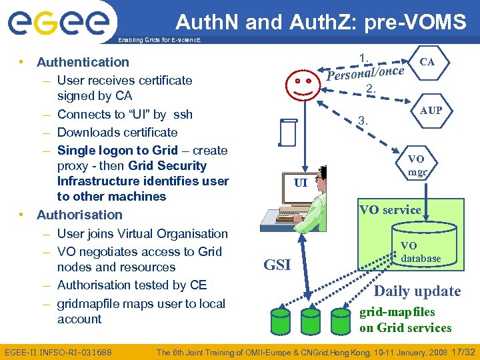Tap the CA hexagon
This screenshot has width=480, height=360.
(427, 62)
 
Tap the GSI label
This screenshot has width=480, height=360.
(277, 265)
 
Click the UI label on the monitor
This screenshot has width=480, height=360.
(301, 182)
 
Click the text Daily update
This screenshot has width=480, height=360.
(417, 291)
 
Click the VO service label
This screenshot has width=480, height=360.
(390, 209)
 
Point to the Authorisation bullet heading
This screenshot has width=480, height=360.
(79, 215)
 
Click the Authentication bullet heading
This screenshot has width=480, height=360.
(83, 62)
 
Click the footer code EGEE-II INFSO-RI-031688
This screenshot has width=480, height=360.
(58, 351)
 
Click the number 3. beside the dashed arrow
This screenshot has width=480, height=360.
(363, 121)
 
